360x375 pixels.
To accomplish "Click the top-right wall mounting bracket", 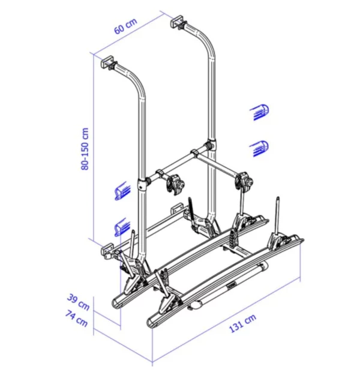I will (179, 23).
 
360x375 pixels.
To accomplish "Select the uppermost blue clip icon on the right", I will (259, 110).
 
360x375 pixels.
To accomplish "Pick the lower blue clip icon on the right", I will (259, 146).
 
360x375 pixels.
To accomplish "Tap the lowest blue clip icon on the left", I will (122, 226).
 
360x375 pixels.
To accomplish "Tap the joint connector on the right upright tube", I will (209, 146).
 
